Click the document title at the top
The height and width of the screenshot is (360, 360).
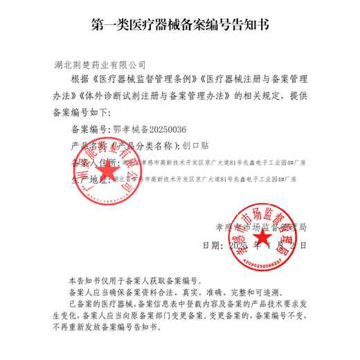180,26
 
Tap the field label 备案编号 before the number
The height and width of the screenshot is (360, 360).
90,129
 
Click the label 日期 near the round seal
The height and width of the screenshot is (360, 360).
212,245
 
